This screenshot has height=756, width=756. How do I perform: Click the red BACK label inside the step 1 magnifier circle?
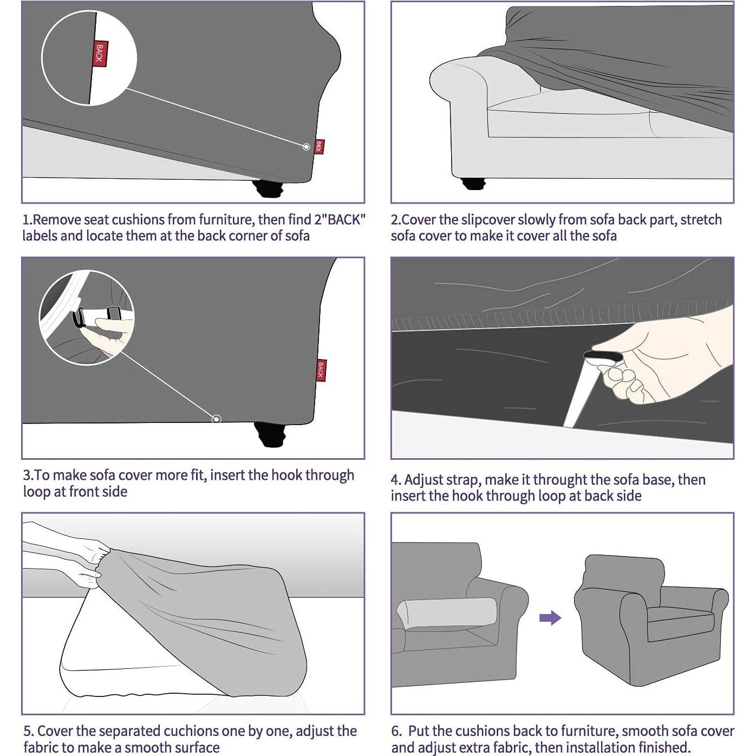pos(100,52)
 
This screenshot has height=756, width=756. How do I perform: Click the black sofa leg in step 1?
pos(268,190)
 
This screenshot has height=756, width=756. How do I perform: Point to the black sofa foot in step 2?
pos(473,183)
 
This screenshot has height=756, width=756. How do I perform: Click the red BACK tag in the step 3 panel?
pos(321,370)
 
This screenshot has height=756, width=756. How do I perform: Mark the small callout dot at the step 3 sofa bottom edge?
pos(216,419)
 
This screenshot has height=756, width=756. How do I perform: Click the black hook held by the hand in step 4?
pos(603,356)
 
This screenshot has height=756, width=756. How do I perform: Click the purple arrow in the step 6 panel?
pos(550,618)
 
